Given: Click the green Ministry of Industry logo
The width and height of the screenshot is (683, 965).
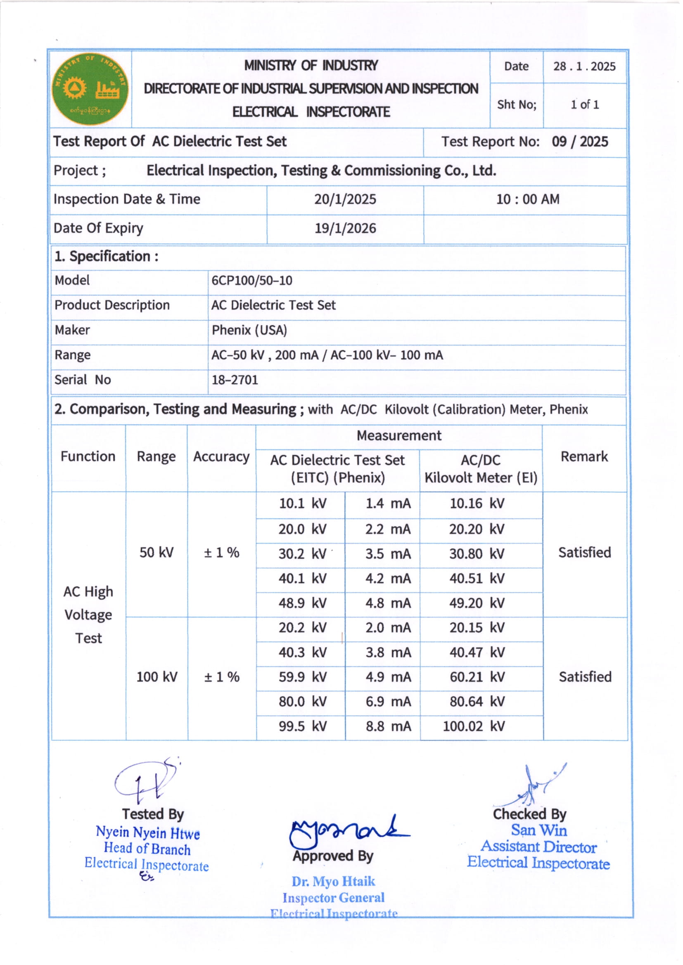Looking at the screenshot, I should [90, 89].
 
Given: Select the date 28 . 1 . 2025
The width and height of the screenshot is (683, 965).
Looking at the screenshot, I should [584, 66].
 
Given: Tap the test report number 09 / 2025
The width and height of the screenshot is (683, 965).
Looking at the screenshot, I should [579, 142].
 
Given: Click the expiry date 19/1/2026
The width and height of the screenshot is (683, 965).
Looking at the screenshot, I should [345, 228].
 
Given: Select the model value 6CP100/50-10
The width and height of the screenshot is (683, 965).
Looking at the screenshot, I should [251, 280].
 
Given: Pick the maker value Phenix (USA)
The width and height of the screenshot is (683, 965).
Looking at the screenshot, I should [249, 330].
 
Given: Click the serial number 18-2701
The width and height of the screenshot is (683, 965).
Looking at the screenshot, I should [235, 380].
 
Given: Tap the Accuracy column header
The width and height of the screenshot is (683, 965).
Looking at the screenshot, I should [221, 457].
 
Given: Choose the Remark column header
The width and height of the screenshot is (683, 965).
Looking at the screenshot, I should [584, 456].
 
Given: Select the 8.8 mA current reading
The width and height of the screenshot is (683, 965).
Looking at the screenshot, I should [388, 726].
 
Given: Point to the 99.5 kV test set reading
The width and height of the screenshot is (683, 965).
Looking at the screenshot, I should [302, 726].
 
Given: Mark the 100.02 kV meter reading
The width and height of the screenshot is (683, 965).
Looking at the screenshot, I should [473, 726].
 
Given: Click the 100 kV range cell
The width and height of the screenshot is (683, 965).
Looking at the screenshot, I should [157, 677].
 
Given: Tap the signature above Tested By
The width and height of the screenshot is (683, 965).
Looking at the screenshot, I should [145, 781].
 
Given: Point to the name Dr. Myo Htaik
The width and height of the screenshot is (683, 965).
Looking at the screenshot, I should [333, 881].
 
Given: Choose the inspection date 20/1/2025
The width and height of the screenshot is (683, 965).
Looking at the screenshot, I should [345, 199].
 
